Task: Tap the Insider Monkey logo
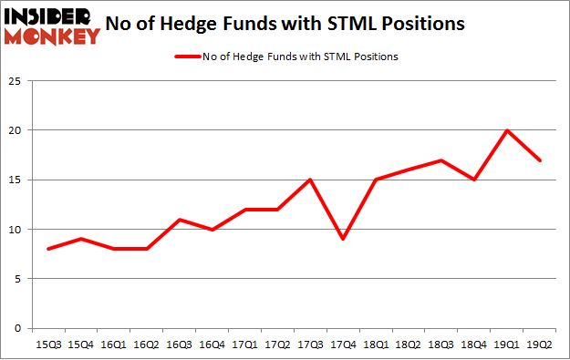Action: click(x=52, y=25)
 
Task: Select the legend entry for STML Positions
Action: click(x=285, y=57)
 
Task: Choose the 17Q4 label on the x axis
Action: click(x=345, y=344)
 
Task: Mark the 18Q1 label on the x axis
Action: click(x=378, y=344)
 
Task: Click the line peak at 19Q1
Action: click(x=506, y=130)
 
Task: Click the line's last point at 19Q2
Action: click(x=539, y=160)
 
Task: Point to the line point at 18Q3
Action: click(x=442, y=160)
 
